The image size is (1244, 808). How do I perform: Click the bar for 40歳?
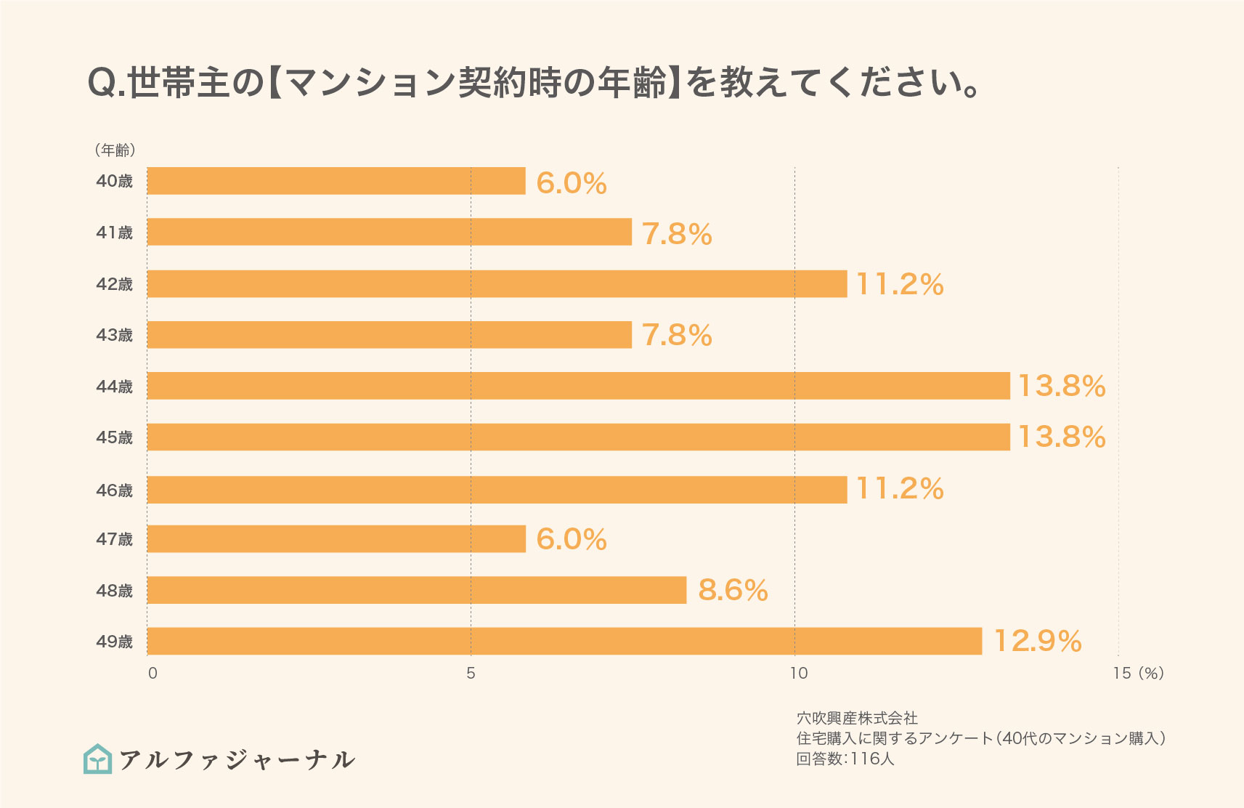coord(336,181)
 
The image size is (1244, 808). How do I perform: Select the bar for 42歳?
coord(497,284)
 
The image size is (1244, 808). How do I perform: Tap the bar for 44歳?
coord(578,386)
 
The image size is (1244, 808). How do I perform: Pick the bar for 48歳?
coord(417,590)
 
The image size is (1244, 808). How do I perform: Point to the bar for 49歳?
coord(564,641)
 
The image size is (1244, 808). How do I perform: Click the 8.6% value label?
coord(733,590)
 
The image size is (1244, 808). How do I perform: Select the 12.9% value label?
coord(1037,641)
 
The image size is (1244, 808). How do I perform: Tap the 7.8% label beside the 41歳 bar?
coord(677,233)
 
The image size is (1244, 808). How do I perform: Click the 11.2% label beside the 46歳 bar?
coord(900,488)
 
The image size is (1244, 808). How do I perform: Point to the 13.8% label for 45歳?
coord(1062,437)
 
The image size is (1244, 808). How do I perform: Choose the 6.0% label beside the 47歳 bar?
coord(572,539)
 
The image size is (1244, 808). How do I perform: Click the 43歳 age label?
coord(115,335)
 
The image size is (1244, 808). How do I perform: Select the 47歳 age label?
coord(115,539)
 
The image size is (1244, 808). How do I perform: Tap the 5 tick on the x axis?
coord(471,673)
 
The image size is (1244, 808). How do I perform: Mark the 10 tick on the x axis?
coord(798,673)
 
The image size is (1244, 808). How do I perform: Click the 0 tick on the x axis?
coord(153,673)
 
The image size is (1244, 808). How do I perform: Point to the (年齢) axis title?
coord(115,150)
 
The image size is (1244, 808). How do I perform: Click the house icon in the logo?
coord(98,759)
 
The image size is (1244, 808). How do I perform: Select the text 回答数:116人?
coord(845,759)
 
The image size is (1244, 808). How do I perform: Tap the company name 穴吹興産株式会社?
coord(857,718)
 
